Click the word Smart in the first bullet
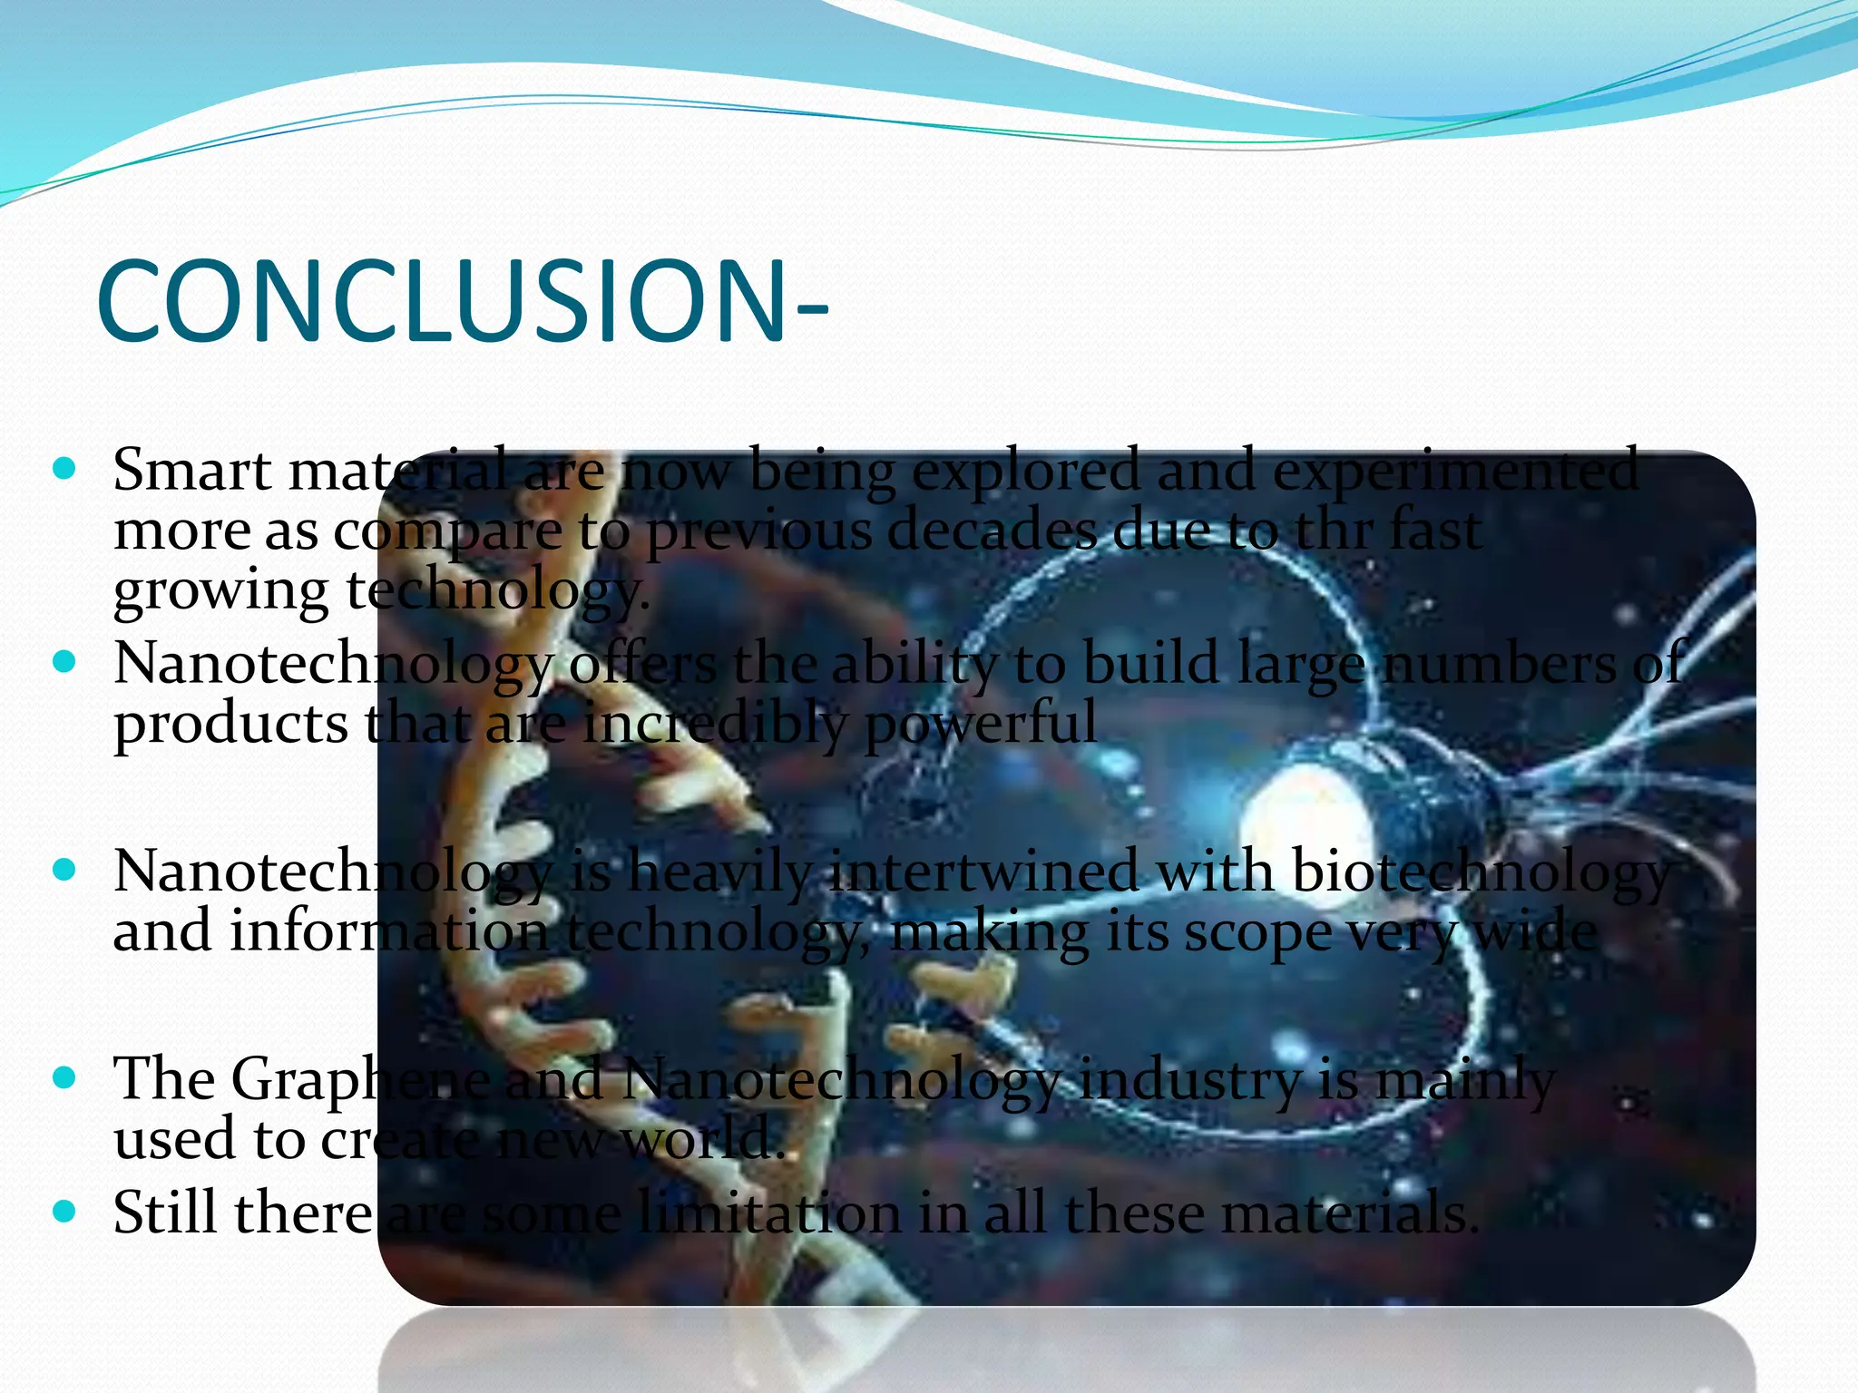(x=191, y=470)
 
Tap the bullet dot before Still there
(x=64, y=1212)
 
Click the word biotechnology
(x=1479, y=872)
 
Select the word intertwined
(x=983, y=872)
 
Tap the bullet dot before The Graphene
(x=64, y=1078)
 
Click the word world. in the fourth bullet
(x=703, y=1138)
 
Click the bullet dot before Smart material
(x=64, y=470)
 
